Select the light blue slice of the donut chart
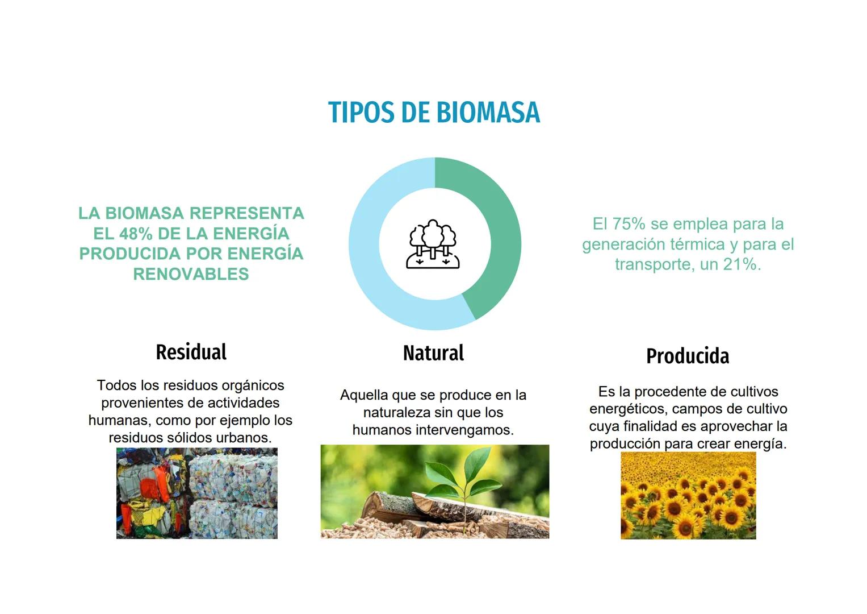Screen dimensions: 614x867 [369, 262]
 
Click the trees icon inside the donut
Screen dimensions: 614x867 [433, 244]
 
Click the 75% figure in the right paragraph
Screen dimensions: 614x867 [629, 224]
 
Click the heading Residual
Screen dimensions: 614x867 [191, 352]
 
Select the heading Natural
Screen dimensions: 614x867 [433, 353]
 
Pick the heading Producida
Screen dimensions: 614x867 [688, 356]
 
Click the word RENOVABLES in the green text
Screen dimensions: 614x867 [191, 274]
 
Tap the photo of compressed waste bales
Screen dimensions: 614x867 [197, 493]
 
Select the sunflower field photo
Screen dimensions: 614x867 [688, 495]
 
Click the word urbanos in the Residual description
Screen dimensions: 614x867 [245, 438]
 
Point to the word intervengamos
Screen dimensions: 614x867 [464, 430]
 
